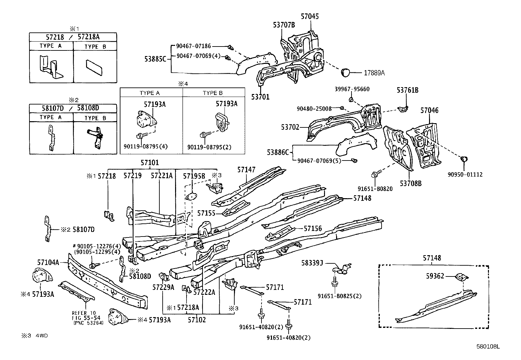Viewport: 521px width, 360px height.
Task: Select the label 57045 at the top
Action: coord(310,16)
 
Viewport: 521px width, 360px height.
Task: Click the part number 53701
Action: coord(260,97)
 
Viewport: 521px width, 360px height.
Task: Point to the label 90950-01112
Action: coord(465,175)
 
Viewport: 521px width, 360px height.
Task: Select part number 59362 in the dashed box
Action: coord(435,276)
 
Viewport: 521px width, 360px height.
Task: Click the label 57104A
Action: coord(48,262)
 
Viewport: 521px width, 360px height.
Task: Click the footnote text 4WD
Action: coord(41,336)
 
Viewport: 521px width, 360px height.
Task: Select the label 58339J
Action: coord(312,263)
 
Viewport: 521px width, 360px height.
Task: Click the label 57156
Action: coord(313,229)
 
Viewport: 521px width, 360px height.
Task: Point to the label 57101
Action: coord(150,162)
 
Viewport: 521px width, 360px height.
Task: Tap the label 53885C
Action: coord(156,59)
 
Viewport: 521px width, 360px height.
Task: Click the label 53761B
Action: coord(407,90)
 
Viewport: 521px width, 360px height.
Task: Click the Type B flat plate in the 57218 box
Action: coord(94,68)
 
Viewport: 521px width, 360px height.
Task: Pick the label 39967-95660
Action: coord(352,89)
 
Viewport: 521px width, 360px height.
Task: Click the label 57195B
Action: coord(194,176)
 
